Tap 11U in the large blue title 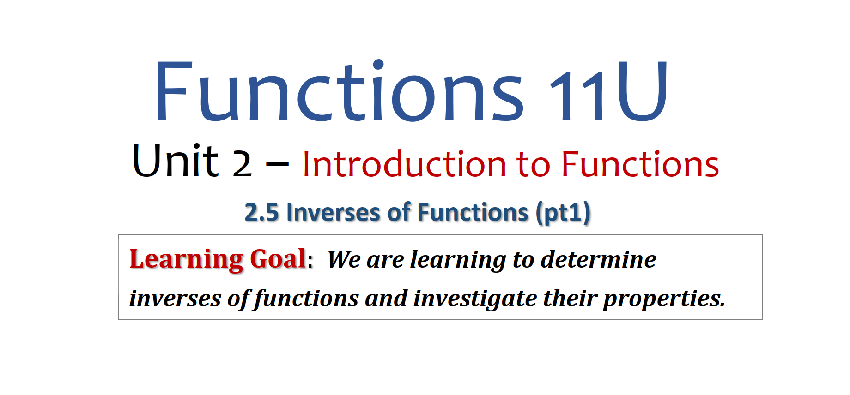pyautogui.click(x=608, y=91)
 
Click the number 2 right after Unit pyautogui.click(x=242, y=164)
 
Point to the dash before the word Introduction pyautogui.click(x=277, y=163)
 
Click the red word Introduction pyautogui.click(x=404, y=164)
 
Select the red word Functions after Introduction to pyautogui.click(x=640, y=164)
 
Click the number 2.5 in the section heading pyautogui.click(x=262, y=213)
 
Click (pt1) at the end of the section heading pyautogui.click(x=563, y=213)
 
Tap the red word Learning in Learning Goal pyautogui.click(x=186, y=259)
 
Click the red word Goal pyautogui.click(x=278, y=258)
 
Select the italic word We pyautogui.click(x=344, y=259)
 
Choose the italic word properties pyautogui.click(x=664, y=299)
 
